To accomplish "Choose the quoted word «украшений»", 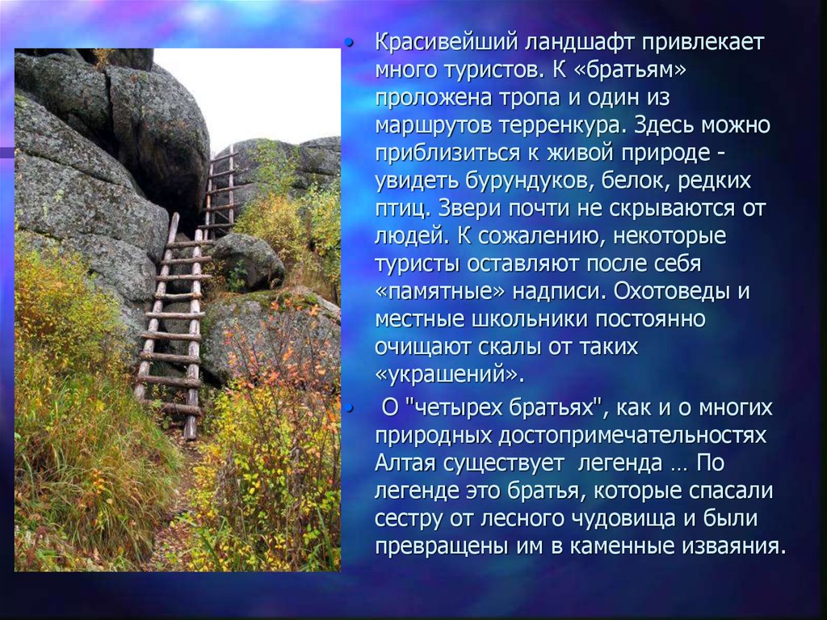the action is coord(446,374).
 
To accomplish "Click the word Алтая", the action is coord(405,463).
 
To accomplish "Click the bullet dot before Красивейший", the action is coord(349,43).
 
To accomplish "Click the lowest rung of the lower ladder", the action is coord(173,407).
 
